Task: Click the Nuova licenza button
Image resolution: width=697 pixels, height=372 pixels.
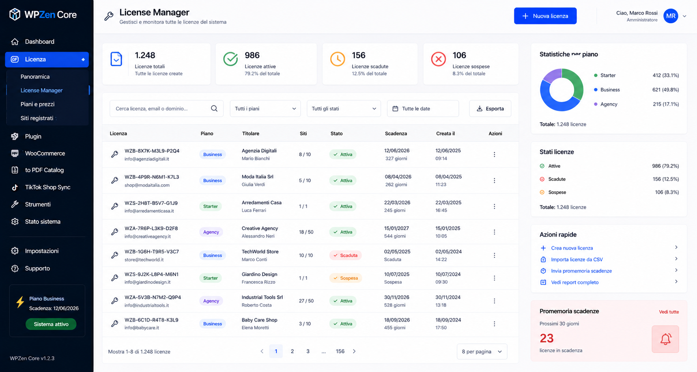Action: (x=545, y=16)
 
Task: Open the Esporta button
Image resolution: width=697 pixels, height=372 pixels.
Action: (x=490, y=108)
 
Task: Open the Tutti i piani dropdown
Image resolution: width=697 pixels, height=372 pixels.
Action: (x=265, y=108)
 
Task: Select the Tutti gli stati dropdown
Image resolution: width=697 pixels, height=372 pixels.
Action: (x=344, y=108)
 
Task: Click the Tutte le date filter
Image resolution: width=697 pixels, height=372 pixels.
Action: (x=423, y=108)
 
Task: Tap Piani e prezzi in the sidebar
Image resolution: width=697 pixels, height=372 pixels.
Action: (x=37, y=104)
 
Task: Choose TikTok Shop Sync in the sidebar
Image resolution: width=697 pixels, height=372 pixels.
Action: (x=47, y=187)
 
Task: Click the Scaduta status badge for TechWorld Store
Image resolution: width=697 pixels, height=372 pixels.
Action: (x=345, y=255)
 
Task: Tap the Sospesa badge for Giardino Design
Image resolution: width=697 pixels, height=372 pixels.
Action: (x=345, y=278)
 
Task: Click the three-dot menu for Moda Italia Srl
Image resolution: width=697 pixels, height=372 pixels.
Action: (x=494, y=180)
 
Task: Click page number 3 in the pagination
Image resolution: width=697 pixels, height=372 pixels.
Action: (x=308, y=351)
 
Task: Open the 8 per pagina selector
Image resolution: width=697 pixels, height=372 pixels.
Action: (x=482, y=351)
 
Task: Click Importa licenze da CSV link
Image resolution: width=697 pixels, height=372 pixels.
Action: (x=577, y=260)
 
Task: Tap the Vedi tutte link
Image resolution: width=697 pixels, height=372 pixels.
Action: (x=669, y=312)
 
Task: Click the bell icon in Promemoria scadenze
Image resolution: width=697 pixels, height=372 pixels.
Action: (x=665, y=339)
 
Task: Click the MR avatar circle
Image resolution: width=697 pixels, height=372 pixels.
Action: (x=671, y=16)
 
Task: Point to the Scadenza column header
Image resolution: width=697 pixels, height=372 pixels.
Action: (x=396, y=134)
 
